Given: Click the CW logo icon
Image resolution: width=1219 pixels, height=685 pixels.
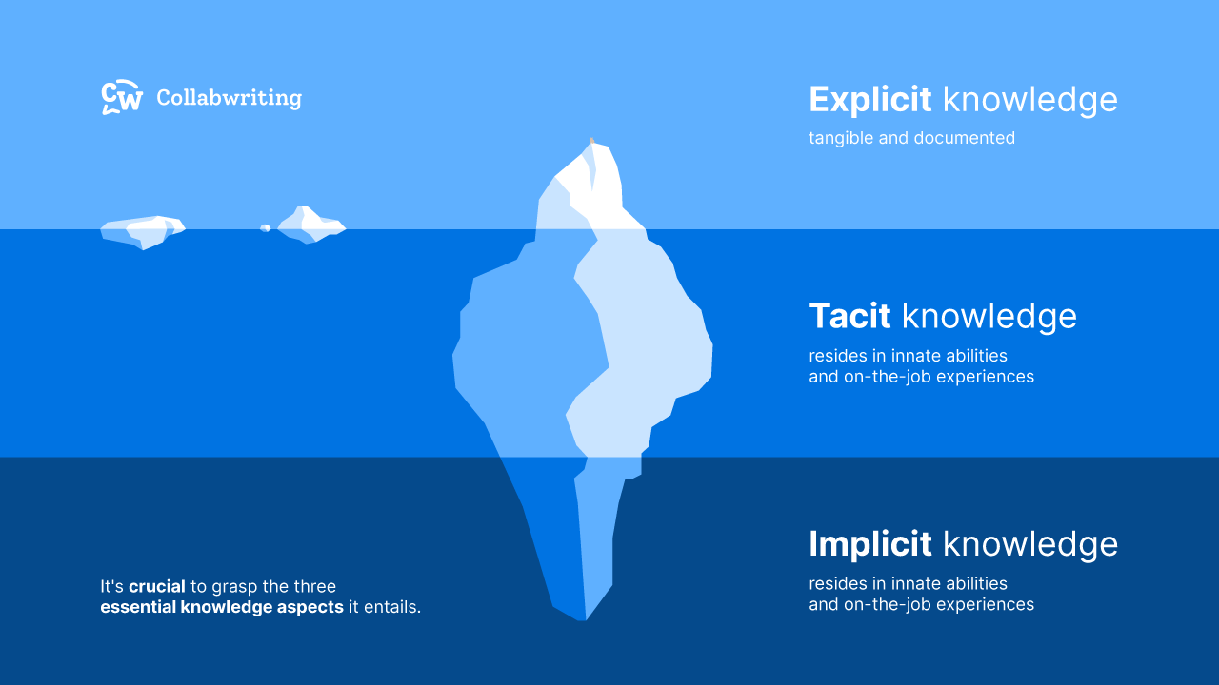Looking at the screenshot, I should click(x=122, y=98).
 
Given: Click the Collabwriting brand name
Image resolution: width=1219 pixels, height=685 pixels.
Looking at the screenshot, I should click(x=229, y=98).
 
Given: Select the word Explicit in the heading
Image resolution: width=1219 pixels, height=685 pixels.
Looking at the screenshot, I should click(x=870, y=100).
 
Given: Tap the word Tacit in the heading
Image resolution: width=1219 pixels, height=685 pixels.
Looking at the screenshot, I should click(x=849, y=316).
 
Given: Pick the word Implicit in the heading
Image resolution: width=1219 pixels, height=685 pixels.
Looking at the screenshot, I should click(x=869, y=544).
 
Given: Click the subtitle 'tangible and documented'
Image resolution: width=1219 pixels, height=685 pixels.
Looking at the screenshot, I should click(x=911, y=138).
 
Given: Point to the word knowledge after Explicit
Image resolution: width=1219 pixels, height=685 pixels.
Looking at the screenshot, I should click(x=1030, y=100).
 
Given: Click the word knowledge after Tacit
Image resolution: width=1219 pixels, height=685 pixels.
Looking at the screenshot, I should click(x=989, y=316).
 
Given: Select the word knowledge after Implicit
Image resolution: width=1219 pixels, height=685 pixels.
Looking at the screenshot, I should click(x=1030, y=544).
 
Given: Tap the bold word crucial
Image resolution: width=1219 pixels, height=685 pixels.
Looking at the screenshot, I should click(x=157, y=587).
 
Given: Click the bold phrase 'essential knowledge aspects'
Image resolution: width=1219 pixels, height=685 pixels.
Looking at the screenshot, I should click(x=222, y=607).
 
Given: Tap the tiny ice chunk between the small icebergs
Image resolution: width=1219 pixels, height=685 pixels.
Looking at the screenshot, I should click(x=266, y=228).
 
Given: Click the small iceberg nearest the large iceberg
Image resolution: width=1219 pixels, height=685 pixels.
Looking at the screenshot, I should click(x=310, y=226).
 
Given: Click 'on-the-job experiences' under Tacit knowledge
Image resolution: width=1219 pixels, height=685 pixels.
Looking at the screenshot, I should click(x=938, y=377).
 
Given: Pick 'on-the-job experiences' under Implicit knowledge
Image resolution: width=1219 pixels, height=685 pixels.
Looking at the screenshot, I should click(x=938, y=605).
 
